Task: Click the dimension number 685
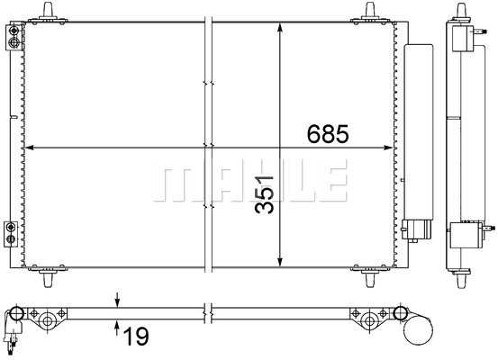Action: (328, 134)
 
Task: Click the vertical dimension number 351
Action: (264, 194)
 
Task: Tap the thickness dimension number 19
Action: (136, 337)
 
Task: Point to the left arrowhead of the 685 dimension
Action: (29, 148)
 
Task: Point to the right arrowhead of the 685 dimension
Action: (388, 148)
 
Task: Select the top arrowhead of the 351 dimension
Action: (280, 27)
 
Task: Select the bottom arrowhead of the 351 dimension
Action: (280, 262)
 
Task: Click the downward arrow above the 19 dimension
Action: (117, 300)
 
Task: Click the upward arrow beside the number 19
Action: (117, 328)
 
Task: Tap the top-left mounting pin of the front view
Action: (48, 12)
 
